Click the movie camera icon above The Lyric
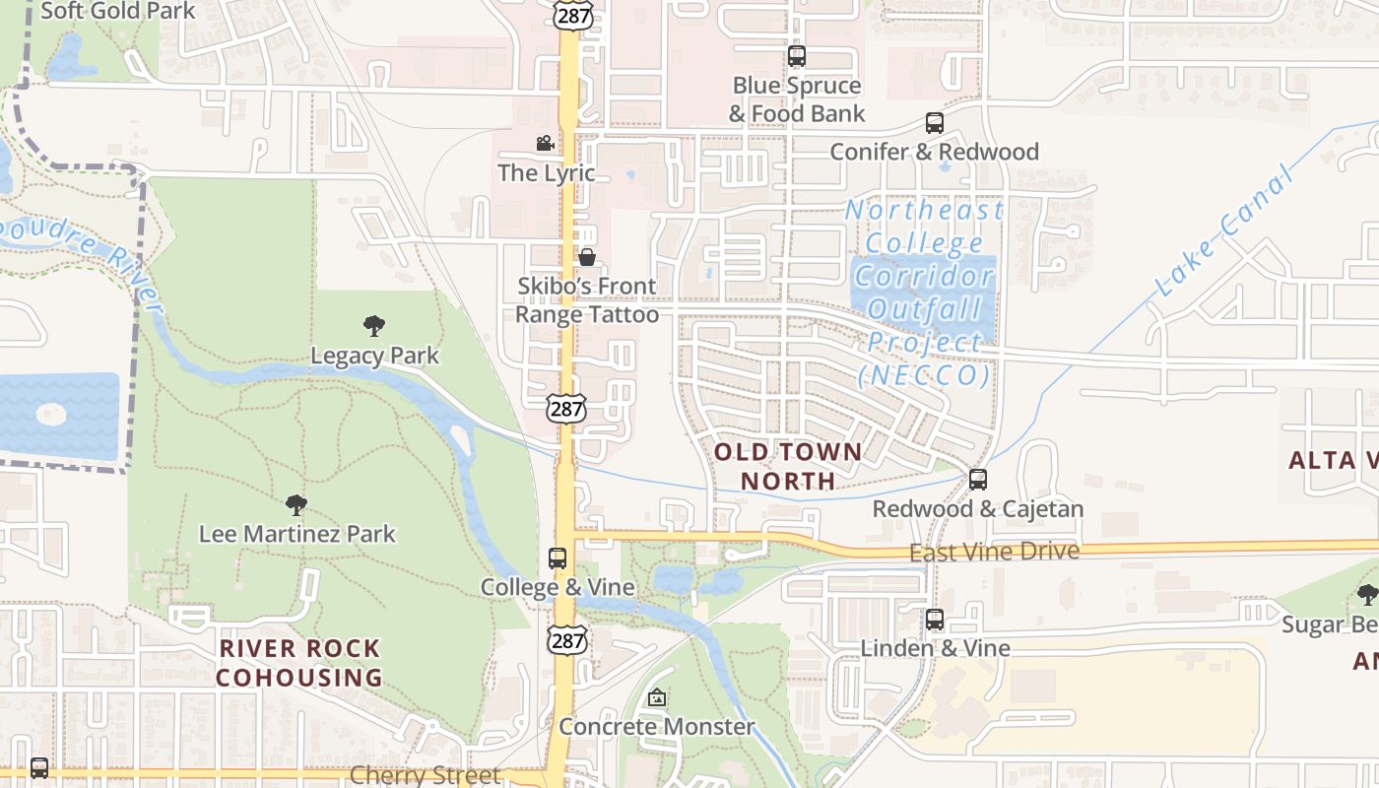(545, 144)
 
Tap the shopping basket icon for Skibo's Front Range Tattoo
(587, 257)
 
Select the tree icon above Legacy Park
(373, 325)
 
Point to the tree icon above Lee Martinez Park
(295, 505)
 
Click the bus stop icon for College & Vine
(558, 558)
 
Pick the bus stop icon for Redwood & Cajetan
(978, 480)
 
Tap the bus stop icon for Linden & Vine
(935, 620)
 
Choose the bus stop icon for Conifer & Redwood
(935, 123)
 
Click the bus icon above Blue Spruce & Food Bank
(797, 56)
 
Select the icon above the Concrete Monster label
(657, 697)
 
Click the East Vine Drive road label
(994, 553)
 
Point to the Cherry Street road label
(425, 775)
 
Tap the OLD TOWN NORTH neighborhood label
(787, 466)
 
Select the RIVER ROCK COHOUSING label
(299, 663)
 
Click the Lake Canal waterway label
(1224, 233)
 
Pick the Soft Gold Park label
(119, 11)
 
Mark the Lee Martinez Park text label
(296, 534)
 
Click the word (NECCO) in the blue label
(924, 375)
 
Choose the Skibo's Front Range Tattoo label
(587, 300)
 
